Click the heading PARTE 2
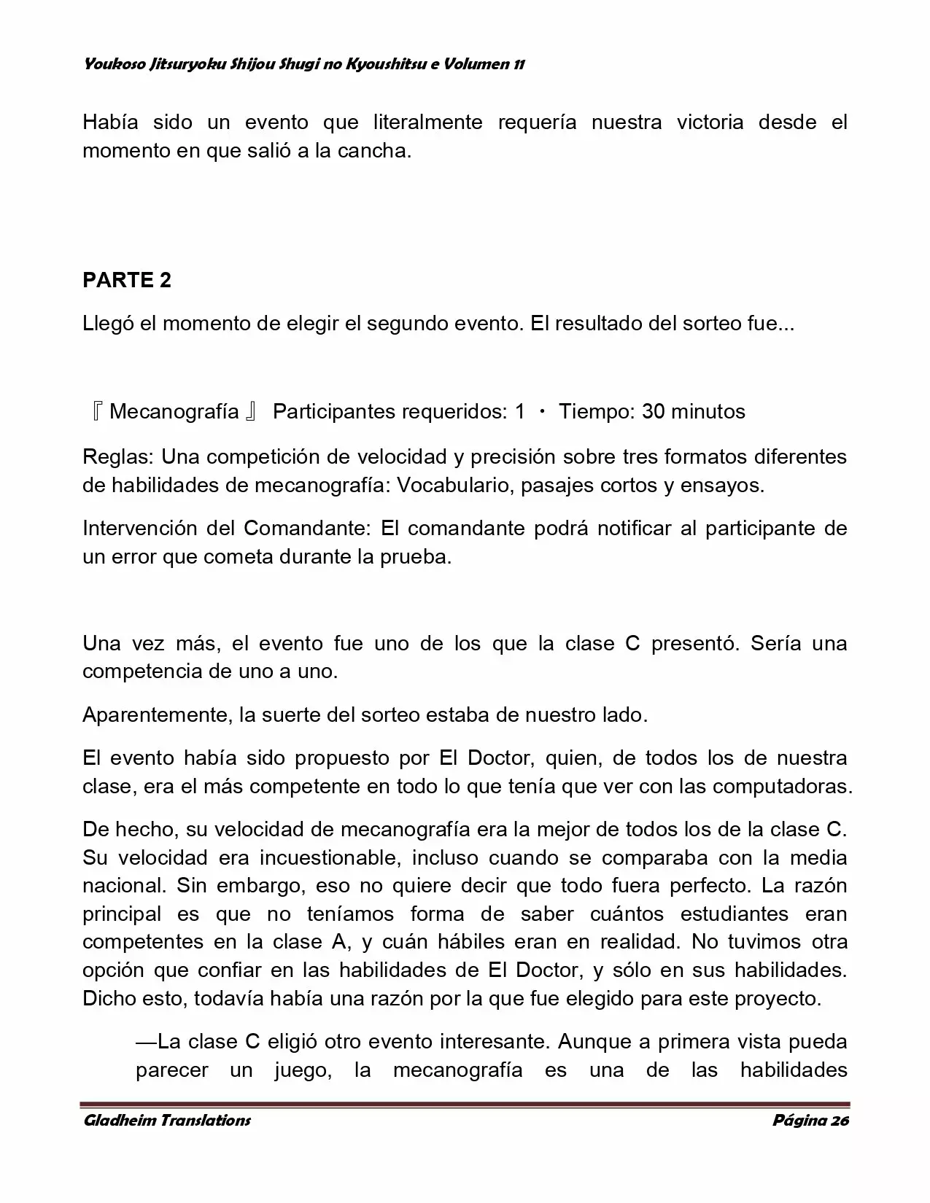[x=127, y=281]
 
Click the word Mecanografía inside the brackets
[x=174, y=412]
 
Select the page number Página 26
[x=810, y=1121]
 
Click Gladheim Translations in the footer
[x=167, y=1121]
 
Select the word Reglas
[x=117, y=457]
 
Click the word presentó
[x=694, y=644]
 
